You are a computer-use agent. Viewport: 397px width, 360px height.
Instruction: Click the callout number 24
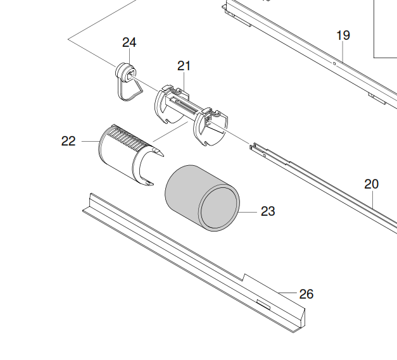[x=129, y=42]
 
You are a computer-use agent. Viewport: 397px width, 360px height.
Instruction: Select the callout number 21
[x=184, y=65]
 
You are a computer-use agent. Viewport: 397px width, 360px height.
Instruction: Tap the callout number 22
[x=68, y=141]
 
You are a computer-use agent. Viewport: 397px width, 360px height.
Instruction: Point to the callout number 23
[x=268, y=211]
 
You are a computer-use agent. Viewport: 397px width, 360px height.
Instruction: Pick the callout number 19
[x=343, y=35]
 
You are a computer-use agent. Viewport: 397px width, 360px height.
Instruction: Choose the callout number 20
[x=372, y=184]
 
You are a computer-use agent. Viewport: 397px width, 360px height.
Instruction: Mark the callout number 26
[x=306, y=294]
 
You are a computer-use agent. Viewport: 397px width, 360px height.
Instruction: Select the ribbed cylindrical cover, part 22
[x=117, y=152]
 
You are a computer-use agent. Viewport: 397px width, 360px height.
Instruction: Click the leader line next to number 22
[x=87, y=141]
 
